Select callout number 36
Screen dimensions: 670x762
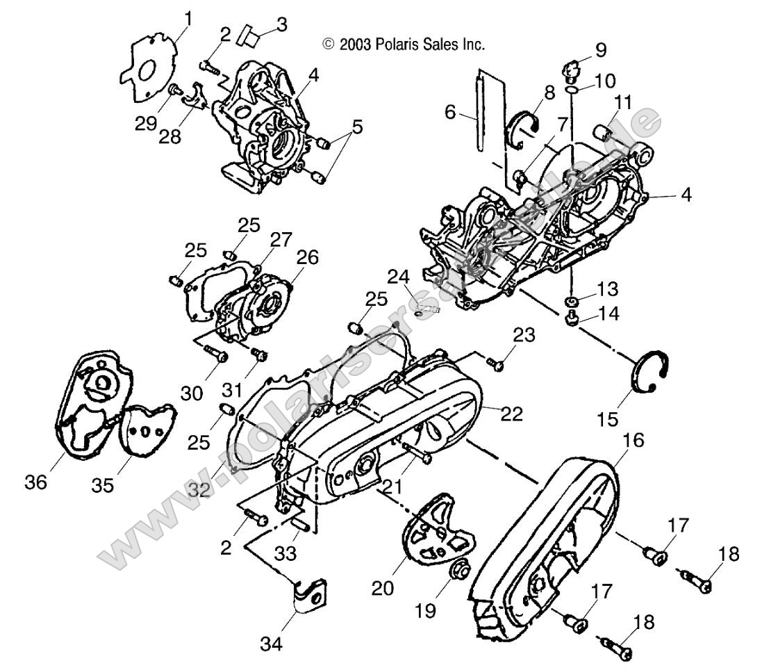click(x=39, y=482)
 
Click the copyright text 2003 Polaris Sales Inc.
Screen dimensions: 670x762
click(x=403, y=44)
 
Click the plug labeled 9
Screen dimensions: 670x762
click(x=570, y=70)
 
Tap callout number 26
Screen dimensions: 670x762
click(x=308, y=257)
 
